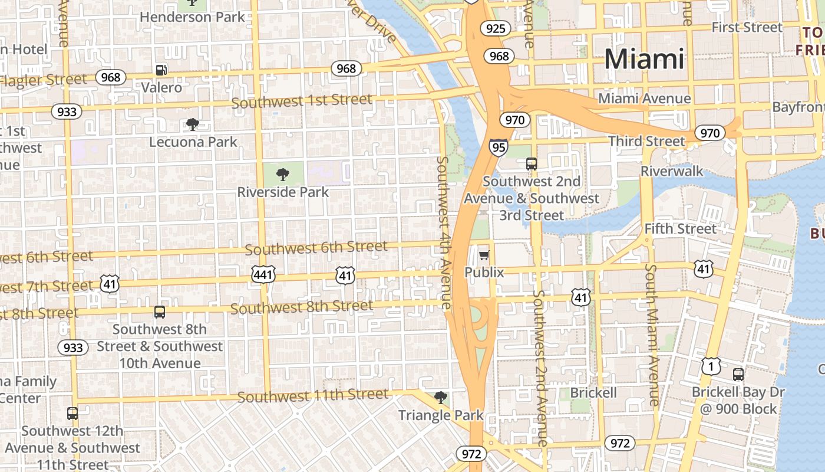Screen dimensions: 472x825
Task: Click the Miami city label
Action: click(x=644, y=59)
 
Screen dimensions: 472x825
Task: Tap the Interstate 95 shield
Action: click(x=498, y=147)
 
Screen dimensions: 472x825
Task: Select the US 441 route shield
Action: click(x=263, y=273)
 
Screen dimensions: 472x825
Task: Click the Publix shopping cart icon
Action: click(x=484, y=255)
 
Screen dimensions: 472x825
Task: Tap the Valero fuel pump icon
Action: click(x=161, y=70)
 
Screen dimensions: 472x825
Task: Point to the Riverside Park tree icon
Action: click(x=283, y=174)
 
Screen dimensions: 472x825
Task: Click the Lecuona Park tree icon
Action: click(x=192, y=124)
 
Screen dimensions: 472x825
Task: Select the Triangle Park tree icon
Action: click(x=440, y=398)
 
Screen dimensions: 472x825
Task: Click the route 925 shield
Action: click(x=494, y=28)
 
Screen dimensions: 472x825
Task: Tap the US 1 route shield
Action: click(x=711, y=366)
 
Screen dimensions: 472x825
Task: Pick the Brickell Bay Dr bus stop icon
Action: click(x=738, y=374)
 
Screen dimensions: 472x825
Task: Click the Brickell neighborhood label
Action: click(x=593, y=392)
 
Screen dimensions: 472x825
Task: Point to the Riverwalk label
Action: click(x=672, y=171)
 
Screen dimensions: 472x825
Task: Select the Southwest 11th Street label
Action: click(x=313, y=395)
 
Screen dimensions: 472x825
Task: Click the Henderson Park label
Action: click(x=192, y=17)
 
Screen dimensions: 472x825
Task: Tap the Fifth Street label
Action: click(x=681, y=228)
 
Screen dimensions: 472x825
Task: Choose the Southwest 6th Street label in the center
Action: click(x=316, y=248)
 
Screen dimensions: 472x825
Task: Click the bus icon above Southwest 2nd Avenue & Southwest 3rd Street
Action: click(x=531, y=164)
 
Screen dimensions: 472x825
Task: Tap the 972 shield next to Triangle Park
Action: click(x=471, y=454)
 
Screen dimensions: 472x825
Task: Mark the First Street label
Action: click(x=747, y=27)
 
